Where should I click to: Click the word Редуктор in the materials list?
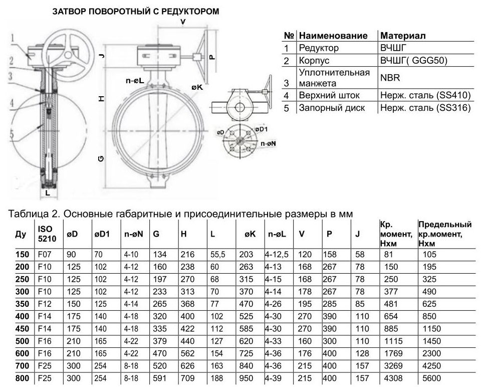point(319,48)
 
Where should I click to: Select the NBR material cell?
point(390,78)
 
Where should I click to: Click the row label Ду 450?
point(23,329)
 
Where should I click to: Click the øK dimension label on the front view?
point(197,88)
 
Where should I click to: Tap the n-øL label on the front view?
point(135,79)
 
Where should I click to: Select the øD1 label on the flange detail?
point(261,129)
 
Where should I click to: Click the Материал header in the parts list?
point(403,36)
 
